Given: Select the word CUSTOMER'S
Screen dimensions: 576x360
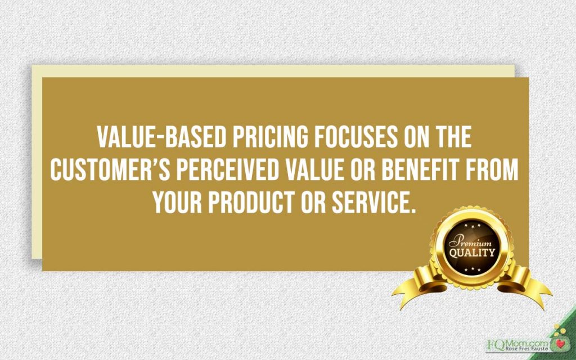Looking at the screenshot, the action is [110, 170].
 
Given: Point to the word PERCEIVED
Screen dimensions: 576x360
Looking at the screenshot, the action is [228, 170].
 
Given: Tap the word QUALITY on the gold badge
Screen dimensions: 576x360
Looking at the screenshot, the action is [472, 253].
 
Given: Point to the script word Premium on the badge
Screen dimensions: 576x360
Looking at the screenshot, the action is [470, 242].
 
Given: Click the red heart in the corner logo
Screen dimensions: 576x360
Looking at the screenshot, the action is [560, 344].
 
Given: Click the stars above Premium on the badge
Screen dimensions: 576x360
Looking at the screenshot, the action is [472, 226].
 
